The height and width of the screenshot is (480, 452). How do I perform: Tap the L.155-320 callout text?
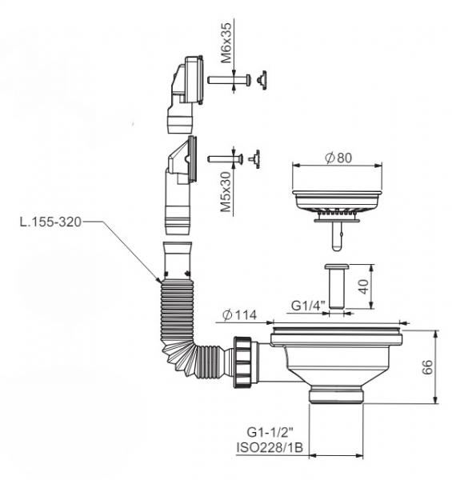pos(50,221)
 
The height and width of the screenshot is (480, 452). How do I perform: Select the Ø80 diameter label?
pos(339,158)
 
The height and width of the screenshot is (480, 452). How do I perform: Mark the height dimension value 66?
pos(428,366)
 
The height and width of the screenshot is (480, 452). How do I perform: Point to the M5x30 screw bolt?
pos(227,158)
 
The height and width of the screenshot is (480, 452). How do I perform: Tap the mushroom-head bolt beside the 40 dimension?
pos(336,282)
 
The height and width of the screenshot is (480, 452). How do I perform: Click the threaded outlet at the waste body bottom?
pos(337,395)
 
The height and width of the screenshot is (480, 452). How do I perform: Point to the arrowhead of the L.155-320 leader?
pos(158,280)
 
